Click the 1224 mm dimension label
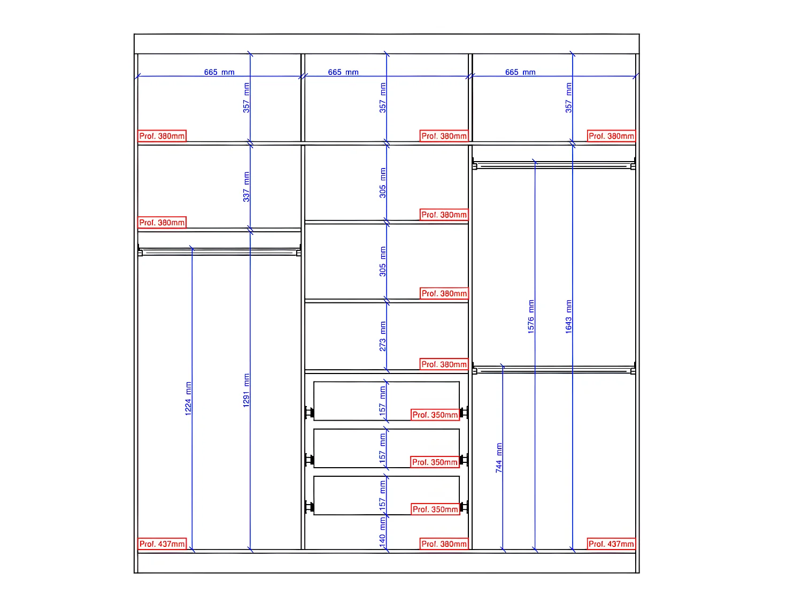(x=188, y=398)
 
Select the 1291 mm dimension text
(x=246, y=390)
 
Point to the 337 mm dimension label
(x=246, y=187)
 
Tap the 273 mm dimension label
(x=383, y=337)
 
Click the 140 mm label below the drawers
(x=383, y=532)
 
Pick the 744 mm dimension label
(x=499, y=458)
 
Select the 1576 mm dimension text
(x=531, y=317)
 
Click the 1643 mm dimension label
(x=569, y=317)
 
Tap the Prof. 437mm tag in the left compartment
(x=162, y=544)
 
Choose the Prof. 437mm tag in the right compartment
(x=611, y=544)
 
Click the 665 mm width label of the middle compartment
(x=343, y=72)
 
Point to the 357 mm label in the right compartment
(x=569, y=97)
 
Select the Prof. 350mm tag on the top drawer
(x=435, y=415)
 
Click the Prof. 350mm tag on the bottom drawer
(x=435, y=509)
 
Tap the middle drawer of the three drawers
(x=353, y=448)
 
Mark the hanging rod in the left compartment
(x=219, y=252)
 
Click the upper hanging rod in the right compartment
(x=553, y=166)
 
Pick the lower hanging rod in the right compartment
(x=553, y=370)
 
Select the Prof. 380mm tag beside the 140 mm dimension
(x=444, y=544)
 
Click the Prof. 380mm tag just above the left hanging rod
(x=162, y=223)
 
